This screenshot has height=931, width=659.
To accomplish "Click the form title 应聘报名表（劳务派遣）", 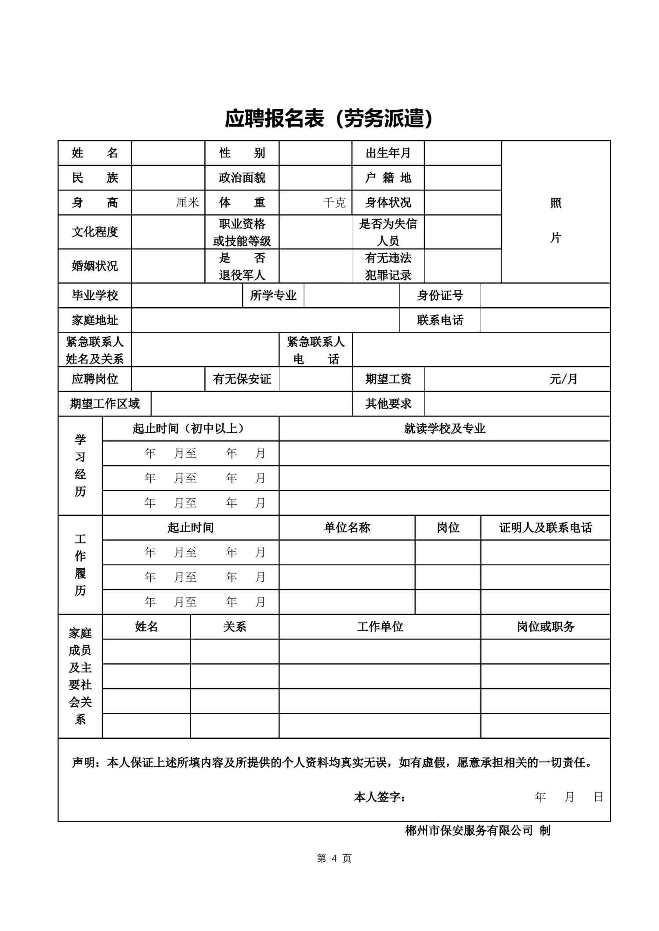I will click(329, 119).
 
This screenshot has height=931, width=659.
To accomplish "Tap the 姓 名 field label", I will click(94, 153).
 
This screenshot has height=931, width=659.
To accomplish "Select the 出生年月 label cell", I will click(388, 153).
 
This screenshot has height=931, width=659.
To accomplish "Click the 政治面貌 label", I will click(242, 178).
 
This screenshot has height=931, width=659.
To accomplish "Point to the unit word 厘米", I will click(188, 202).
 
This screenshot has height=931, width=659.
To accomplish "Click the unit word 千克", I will click(334, 202).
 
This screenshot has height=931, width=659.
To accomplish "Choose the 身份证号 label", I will click(440, 295).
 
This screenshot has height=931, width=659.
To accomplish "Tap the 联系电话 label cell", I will click(440, 320).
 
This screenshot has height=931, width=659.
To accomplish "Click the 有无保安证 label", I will click(242, 379).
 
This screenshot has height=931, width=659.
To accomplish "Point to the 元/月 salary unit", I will click(563, 379).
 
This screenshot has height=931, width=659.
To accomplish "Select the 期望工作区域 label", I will click(105, 404).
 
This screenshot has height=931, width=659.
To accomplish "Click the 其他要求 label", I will click(388, 404).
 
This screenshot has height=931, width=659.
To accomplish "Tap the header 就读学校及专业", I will click(445, 428).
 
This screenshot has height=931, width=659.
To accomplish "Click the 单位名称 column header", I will click(347, 527).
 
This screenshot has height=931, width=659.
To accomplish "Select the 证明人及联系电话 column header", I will click(545, 527).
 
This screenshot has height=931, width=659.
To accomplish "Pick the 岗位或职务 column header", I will click(545, 626).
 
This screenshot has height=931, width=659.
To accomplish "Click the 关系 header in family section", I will click(235, 626).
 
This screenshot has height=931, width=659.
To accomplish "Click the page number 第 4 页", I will click(334, 858).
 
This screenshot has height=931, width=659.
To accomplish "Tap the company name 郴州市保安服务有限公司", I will click(469, 830).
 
